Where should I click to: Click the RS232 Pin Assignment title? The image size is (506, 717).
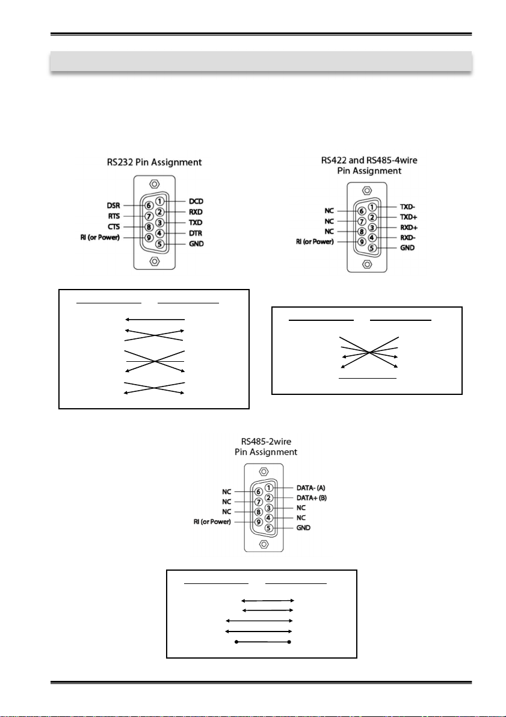(155, 163)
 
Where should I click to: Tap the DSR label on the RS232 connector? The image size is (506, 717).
(113, 206)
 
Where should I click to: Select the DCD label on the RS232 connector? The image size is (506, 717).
(196, 201)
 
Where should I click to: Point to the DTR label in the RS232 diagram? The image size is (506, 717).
(196, 233)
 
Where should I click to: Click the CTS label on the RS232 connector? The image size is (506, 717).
(114, 227)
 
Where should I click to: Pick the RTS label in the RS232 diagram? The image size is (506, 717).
(114, 216)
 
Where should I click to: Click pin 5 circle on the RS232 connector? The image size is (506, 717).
(159, 244)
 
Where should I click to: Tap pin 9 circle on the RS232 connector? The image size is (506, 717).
(149, 237)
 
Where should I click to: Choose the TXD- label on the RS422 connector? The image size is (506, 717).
(408, 207)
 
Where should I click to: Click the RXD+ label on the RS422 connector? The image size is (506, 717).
(409, 228)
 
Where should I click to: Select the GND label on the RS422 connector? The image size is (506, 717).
(407, 247)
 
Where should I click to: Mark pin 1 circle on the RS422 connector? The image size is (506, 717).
(372, 207)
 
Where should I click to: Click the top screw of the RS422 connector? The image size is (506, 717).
(366, 190)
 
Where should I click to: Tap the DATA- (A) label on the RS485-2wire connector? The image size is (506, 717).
(311, 488)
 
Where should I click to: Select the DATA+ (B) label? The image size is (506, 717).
(312, 498)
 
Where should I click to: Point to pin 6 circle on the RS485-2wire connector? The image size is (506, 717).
(258, 492)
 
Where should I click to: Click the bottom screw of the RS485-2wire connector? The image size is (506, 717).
(264, 544)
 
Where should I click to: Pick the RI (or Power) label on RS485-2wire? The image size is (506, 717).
(212, 522)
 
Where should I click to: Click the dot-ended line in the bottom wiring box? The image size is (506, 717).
(263, 642)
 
